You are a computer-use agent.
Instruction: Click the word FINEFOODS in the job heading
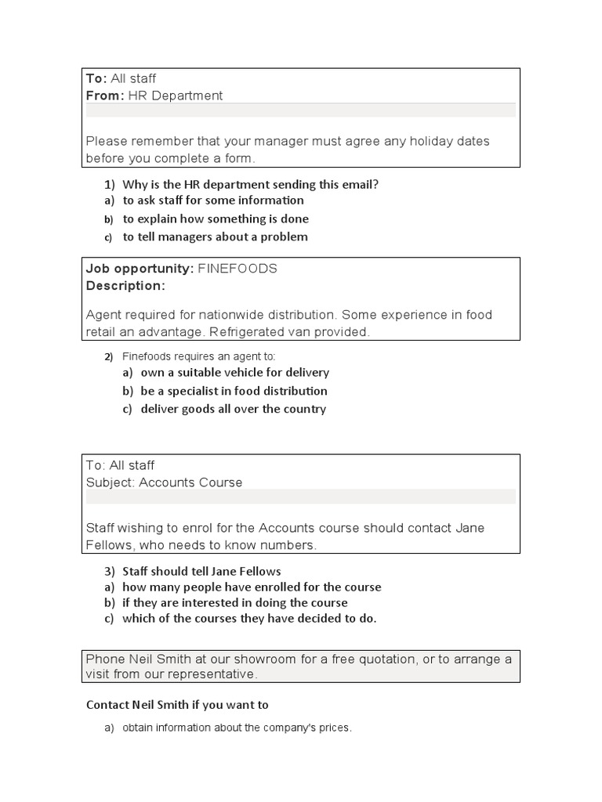(238, 269)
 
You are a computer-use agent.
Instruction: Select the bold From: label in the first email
(105, 96)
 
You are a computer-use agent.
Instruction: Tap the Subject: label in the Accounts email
(111, 482)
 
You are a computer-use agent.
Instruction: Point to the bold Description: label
(125, 286)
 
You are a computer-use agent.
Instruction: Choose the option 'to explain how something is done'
(216, 219)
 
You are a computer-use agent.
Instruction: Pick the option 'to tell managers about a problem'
(215, 237)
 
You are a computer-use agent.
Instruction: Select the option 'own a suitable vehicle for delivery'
(234, 373)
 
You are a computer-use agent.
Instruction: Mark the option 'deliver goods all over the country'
(233, 409)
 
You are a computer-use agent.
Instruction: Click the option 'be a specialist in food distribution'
(234, 391)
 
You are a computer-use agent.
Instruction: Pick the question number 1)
(109, 185)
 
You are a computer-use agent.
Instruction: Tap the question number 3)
(109, 571)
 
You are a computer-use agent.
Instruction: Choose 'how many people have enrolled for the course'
(252, 587)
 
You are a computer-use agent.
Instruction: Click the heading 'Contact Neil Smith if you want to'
(177, 705)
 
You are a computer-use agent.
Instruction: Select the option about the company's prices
(237, 728)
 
